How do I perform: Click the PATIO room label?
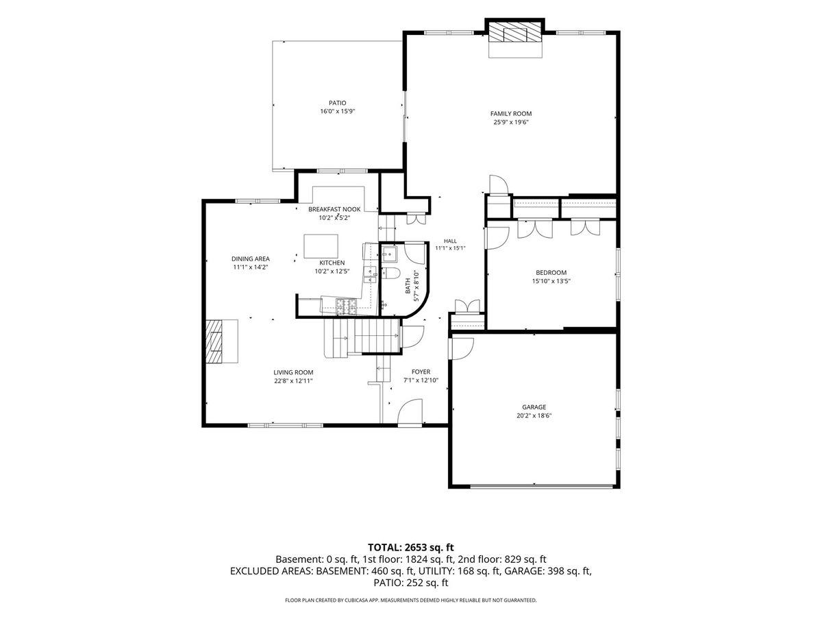338,103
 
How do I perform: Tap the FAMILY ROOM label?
511,114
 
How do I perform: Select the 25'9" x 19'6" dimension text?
511,122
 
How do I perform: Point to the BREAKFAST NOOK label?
334,209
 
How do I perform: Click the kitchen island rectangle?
321,246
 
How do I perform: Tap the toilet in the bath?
390,274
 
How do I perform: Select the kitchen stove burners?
347,306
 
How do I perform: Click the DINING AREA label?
250,259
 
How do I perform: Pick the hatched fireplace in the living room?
215,341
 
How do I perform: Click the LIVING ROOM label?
293,372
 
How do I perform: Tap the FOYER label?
421,372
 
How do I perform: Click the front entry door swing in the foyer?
410,413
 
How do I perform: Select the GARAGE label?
534,407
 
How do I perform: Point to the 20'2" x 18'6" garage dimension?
534,415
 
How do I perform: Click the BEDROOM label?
551,273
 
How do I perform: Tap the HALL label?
450,241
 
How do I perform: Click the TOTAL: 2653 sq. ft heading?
410,547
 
